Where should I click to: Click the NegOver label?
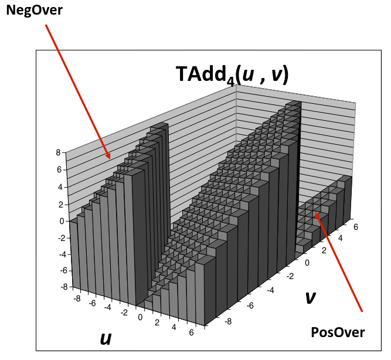[34, 11]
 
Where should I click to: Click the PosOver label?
[338, 332]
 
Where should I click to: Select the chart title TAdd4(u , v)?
[232, 74]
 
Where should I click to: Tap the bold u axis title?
[106, 339]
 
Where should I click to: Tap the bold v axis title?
[311, 297]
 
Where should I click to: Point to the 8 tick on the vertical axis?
[58, 152]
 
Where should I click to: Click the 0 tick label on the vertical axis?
[62, 221]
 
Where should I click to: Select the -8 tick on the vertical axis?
[64, 287]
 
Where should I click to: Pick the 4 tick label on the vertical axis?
[60, 187]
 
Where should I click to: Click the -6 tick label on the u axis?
[92, 303]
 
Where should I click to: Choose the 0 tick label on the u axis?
[140, 317]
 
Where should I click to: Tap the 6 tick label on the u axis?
[191, 332]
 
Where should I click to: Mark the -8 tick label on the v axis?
[228, 321]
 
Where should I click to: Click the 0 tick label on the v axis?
[307, 263]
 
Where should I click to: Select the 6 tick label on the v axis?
[356, 227]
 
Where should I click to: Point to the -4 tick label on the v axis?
[270, 290]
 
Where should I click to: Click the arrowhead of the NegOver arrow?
[108, 156]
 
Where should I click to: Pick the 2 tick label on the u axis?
[157, 322]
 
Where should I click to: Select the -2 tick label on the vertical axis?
[62, 238]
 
